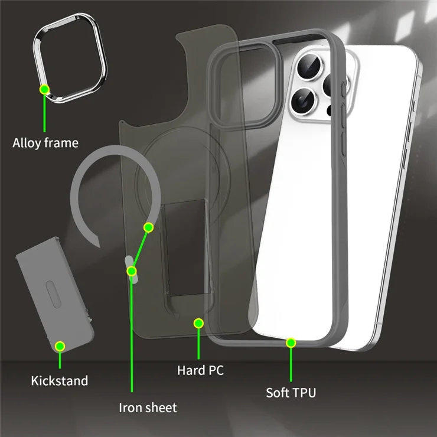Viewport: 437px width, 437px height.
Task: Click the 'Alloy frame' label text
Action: click(45, 143)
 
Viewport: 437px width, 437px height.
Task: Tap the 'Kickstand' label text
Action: click(60, 381)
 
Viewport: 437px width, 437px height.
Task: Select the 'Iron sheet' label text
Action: click(148, 407)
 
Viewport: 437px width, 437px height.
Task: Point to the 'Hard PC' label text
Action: click(200, 370)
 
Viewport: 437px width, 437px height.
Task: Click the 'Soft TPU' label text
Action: click(291, 393)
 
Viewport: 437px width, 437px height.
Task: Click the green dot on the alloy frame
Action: click(44, 89)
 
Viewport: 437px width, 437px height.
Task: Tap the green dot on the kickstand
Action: click(60, 347)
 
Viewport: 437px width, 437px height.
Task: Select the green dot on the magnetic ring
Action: click(149, 228)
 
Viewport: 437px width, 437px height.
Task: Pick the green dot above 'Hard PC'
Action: click(198, 323)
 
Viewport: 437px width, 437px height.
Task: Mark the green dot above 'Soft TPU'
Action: click(291, 343)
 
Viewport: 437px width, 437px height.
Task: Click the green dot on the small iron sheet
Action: click(132, 271)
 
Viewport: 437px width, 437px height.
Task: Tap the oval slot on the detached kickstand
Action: click(53, 294)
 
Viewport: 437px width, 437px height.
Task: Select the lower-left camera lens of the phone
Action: click(302, 100)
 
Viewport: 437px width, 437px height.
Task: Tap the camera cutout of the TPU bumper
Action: click(245, 85)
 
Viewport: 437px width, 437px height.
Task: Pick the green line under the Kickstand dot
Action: click(60, 360)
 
